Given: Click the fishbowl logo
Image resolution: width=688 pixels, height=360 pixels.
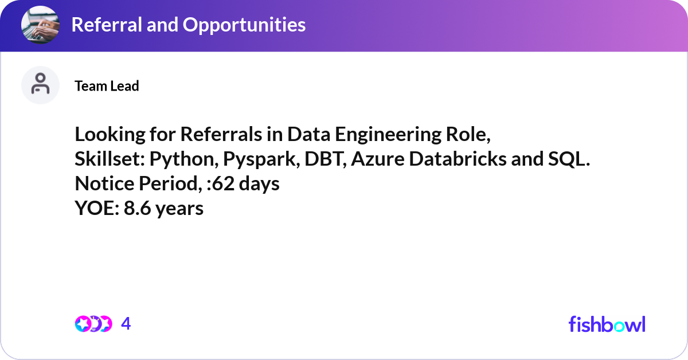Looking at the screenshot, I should coord(607,324).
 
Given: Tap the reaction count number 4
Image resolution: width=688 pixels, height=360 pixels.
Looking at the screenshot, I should coord(126,324).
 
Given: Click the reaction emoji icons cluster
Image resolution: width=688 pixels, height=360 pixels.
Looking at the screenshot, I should coord(93,324).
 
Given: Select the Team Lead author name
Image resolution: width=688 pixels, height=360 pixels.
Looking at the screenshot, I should coord(107,86).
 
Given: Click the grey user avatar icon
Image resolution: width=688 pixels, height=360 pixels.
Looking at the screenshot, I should coord(40,85).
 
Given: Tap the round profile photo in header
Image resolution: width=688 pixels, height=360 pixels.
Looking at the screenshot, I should coord(40,25).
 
